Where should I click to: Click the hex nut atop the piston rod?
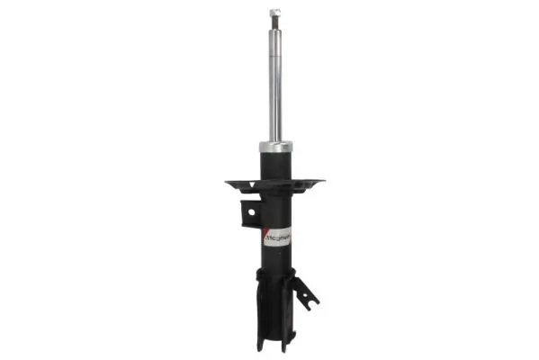275,14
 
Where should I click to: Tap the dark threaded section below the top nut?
275,26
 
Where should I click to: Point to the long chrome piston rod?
275,85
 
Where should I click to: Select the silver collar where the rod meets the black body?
275,147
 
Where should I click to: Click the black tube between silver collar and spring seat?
275,165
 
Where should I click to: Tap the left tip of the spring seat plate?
228,184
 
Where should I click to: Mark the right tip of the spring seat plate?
322,182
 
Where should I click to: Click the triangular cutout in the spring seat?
254,184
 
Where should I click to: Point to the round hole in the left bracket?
250,213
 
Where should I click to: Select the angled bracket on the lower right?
306,293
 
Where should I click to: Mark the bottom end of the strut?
274,346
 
